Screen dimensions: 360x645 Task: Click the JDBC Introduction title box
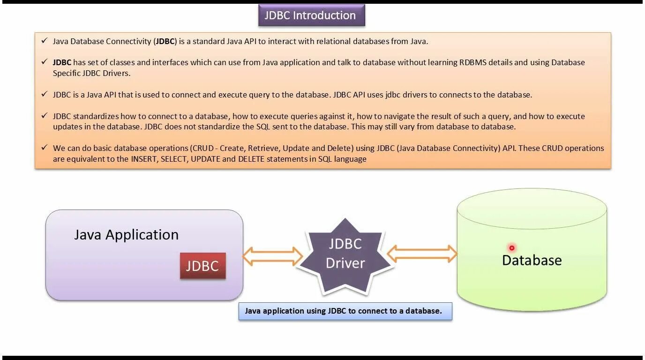(x=311, y=15)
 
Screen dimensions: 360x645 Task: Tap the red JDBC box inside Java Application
(x=202, y=266)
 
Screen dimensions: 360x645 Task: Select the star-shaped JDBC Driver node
(x=345, y=254)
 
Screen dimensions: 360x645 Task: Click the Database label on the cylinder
(x=532, y=260)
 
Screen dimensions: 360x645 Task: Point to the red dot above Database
(x=512, y=248)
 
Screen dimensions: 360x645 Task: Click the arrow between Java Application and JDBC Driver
(x=272, y=256)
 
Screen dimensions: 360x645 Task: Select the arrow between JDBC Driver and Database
(x=422, y=254)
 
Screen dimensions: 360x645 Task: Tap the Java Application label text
(x=126, y=234)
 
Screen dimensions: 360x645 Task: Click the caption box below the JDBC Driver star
(x=345, y=311)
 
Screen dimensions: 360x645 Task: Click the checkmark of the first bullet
(x=44, y=41)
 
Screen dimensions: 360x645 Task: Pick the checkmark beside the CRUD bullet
(x=44, y=148)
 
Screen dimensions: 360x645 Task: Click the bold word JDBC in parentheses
(x=165, y=41)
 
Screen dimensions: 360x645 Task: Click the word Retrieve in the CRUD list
(x=263, y=148)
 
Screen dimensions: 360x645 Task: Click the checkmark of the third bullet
(x=44, y=94)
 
